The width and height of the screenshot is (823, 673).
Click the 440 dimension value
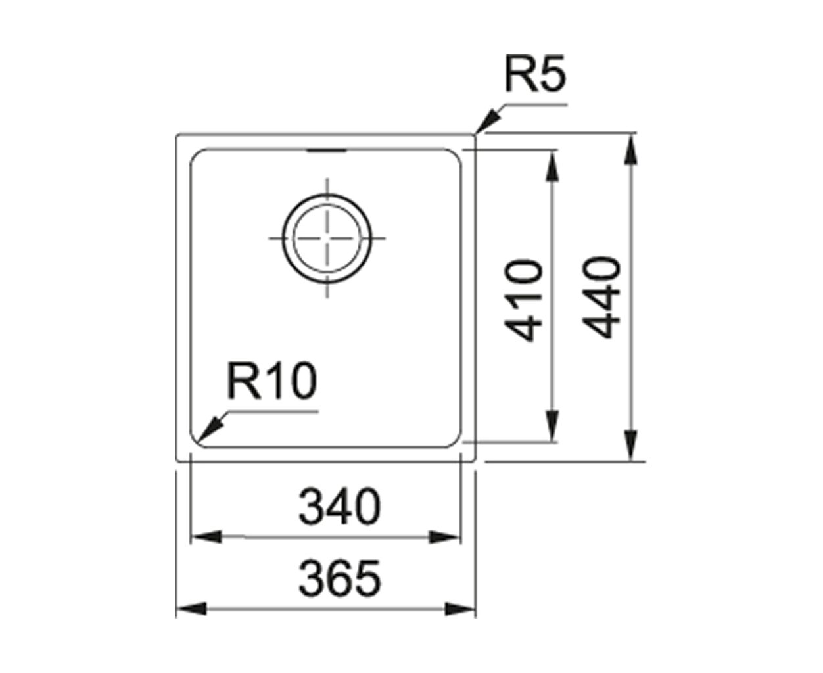tap(601, 297)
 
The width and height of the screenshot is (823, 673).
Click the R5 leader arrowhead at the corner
tap(487, 122)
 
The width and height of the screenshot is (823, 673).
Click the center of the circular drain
tap(327, 238)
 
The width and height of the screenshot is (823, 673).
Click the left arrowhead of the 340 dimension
tap(207, 537)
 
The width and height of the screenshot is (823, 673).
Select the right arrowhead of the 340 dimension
tap(444, 537)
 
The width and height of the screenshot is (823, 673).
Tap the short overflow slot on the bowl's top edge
tap(327, 151)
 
